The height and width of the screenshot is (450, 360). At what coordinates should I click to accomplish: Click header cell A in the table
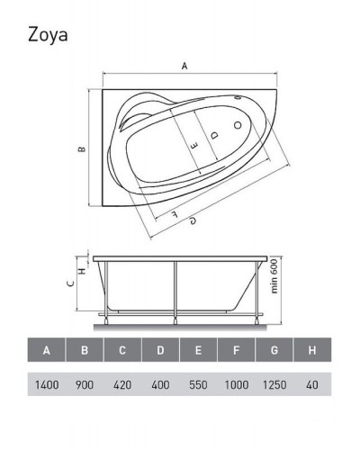[47, 350]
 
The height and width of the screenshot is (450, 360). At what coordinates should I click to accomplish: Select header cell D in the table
[160, 350]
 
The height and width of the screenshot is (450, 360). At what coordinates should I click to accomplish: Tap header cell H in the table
[311, 350]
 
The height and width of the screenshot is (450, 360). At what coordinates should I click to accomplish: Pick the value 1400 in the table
[47, 384]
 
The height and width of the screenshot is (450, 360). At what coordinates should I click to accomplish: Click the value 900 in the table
[85, 384]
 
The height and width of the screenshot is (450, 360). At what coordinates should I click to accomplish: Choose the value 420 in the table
[122, 384]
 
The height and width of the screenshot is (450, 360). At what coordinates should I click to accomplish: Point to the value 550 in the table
[198, 384]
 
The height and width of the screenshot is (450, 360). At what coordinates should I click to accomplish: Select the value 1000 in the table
[236, 384]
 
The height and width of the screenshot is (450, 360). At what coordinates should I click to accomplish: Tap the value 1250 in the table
[274, 384]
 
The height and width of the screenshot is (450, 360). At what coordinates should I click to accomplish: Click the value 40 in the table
[311, 384]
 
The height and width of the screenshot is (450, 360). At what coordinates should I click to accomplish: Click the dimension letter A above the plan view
[185, 65]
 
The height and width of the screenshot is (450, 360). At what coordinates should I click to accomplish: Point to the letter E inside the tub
[193, 141]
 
